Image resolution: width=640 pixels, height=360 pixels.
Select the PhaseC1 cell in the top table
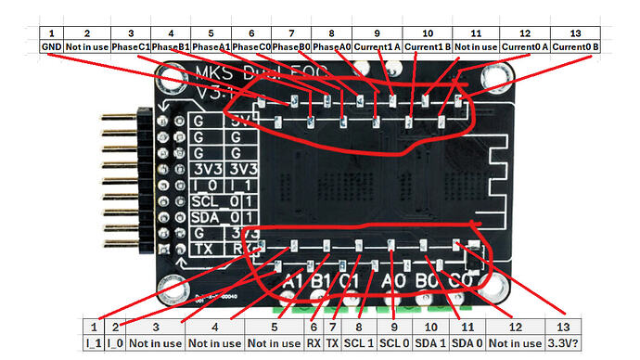(132, 45)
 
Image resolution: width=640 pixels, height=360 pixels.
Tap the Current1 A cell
(383, 45)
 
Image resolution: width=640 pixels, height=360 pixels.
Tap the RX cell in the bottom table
(314, 341)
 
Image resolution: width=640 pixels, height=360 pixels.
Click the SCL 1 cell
(358, 341)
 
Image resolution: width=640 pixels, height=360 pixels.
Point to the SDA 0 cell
(468, 341)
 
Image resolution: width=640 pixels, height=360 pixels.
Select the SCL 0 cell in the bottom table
(394, 341)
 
